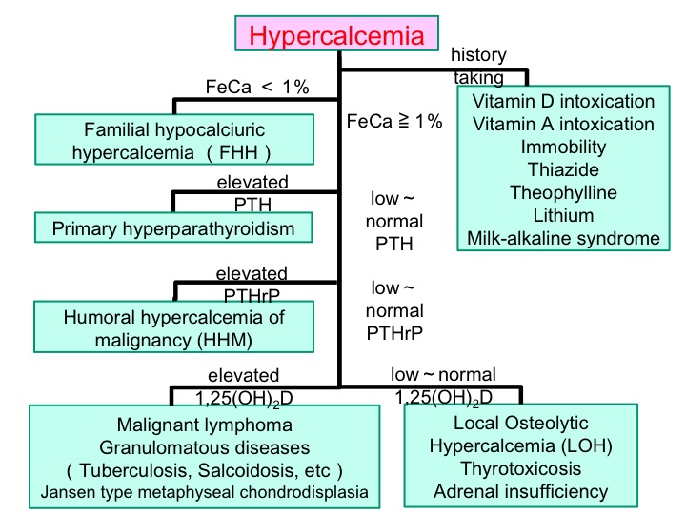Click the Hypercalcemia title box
tap(335, 36)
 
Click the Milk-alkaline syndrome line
tap(563, 238)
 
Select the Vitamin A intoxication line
tap(563, 124)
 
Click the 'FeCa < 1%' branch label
tap(258, 87)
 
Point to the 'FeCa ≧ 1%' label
tap(397, 122)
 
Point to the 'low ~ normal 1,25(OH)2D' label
tap(444, 385)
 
